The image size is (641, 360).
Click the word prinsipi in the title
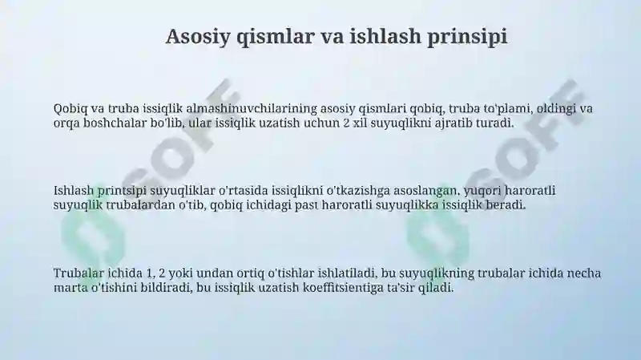(x=467, y=37)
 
